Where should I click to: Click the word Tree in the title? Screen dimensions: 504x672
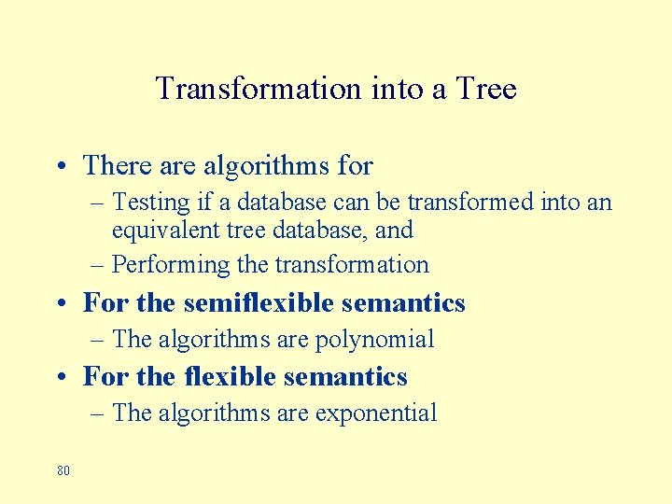(486, 89)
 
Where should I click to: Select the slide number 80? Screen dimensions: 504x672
(63, 470)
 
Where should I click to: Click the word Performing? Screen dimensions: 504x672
(171, 265)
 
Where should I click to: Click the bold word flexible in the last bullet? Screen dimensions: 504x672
(227, 376)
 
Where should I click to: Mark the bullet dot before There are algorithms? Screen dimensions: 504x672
(60, 167)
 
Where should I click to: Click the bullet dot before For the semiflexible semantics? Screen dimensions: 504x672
(60, 304)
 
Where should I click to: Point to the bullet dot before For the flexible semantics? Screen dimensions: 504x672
(60, 377)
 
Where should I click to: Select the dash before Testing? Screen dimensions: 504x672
(99, 203)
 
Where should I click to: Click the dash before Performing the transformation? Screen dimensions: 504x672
(99, 266)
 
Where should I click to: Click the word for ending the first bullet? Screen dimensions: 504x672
(356, 166)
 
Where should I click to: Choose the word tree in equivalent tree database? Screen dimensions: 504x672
(254, 230)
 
